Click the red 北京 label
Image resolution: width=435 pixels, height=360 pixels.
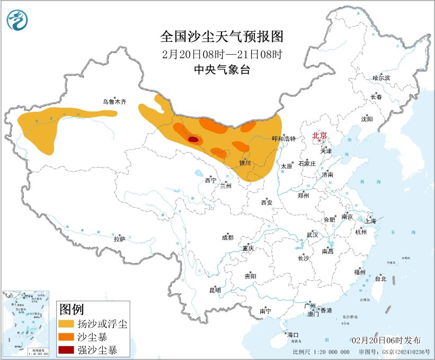point(319,135)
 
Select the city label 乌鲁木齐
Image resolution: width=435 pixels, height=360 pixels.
point(115,101)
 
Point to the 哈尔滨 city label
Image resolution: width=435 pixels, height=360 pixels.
point(381,78)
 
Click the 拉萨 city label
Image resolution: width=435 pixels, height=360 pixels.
point(119,239)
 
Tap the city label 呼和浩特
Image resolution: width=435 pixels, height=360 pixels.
point(283,138)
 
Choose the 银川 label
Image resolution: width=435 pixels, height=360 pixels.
point(245,163)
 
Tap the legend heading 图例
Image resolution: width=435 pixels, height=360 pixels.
point(71,309)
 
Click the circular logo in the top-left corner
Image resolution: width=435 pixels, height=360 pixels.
point(17,20)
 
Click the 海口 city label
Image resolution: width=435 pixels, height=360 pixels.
point(292,335)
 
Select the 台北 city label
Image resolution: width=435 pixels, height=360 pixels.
point(380,278)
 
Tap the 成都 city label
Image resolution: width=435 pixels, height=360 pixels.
point(227,238)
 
